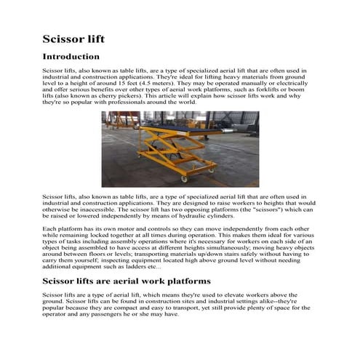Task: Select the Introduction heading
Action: pos(71,57)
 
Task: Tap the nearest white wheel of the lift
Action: pos(183,179)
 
